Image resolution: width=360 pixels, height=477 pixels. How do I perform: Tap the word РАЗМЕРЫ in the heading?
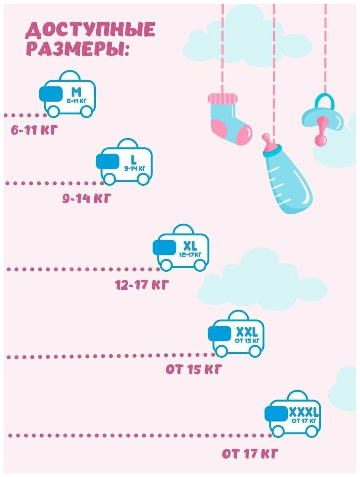(77, 50)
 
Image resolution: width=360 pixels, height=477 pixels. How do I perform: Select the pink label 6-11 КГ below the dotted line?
(34, 130)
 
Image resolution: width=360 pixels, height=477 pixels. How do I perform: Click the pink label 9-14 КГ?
(87, 199)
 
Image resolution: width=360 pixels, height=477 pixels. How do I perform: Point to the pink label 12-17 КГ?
(141, 285)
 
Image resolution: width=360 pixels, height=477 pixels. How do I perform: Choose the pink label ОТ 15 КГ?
(194, 369)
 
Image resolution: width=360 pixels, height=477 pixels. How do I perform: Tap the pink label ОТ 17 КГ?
(250, 454)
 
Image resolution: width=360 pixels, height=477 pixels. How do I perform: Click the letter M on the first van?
(76, 92)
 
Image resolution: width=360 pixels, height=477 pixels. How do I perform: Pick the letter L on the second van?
(133, 160)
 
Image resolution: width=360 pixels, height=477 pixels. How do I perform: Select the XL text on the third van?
(190, 246)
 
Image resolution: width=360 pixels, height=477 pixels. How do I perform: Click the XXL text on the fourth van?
(247, 332)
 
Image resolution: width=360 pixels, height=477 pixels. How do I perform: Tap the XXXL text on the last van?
(304, 412)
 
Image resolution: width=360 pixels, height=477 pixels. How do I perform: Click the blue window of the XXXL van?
(276, 414)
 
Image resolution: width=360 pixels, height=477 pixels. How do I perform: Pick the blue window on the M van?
(51, 94)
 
